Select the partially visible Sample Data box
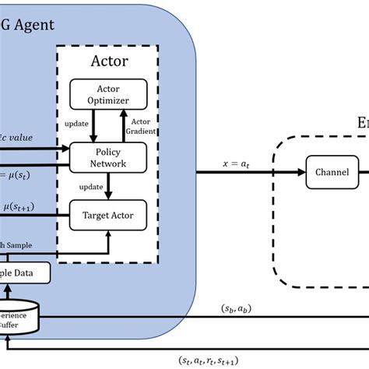(23, 272)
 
